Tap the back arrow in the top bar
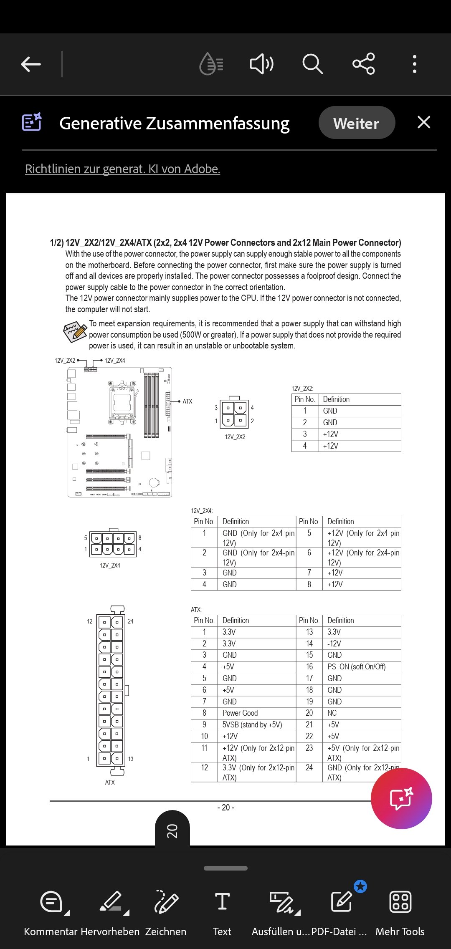click(31, 64)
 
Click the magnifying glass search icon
click(312, 64)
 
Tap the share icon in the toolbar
click(364, 64)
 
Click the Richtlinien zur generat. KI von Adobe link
click(122, 169)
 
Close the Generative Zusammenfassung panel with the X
click(423, 122)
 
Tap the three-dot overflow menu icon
click(414, 64)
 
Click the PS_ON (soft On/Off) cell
click(356, 667)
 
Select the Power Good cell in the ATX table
click(240, 713)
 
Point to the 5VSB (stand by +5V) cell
click(252, 725)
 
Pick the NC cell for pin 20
click(332, 713)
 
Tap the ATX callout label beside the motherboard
click(187, 401)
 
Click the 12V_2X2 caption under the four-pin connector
click(235, 437)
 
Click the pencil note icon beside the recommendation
click(75, 332)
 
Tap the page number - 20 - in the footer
click(225, 808)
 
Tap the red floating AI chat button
click(401, 798)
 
